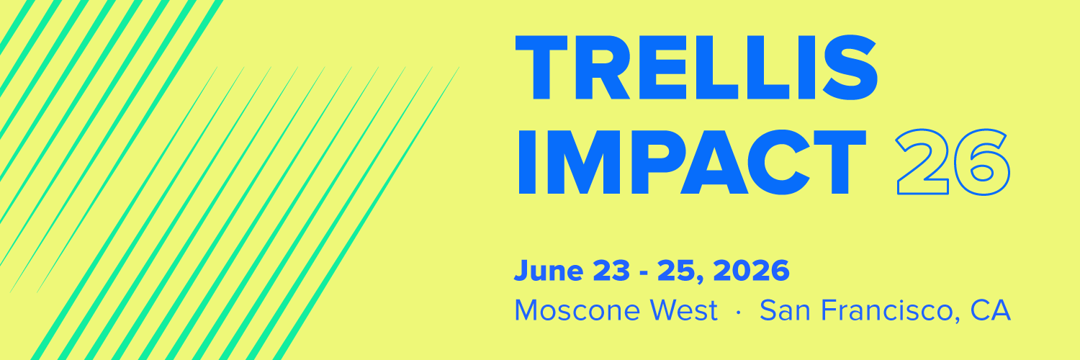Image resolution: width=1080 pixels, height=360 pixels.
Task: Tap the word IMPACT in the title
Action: click(x=692, y=163)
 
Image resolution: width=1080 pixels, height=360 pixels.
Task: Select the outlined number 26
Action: click(x=953, y=163)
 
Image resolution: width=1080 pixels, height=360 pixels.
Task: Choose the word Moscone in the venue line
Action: click(x=577, y=310)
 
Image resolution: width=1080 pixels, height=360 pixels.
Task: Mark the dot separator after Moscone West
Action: click(x=739, y=312)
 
